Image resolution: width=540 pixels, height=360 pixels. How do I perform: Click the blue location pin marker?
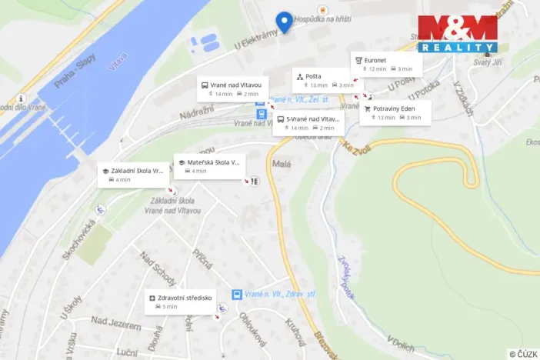[285, 22]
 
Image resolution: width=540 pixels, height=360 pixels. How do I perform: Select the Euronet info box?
[386, 64]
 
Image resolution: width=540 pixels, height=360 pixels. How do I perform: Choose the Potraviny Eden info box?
[395, 112]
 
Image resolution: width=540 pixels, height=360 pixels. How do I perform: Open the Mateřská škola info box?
[209, 166]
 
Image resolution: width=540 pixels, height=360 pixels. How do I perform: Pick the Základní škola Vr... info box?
[133, 174]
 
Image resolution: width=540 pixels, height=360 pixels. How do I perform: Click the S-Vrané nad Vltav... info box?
[308, 122]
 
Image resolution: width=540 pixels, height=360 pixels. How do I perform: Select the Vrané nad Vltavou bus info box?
[232, 88]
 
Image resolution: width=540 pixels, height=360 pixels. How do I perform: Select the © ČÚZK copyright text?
[522, 353]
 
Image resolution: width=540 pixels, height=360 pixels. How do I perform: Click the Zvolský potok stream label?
[346, 276]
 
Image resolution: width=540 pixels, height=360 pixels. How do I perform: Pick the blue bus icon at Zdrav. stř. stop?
[237, 295]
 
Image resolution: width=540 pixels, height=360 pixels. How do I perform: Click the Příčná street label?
[203, 258]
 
